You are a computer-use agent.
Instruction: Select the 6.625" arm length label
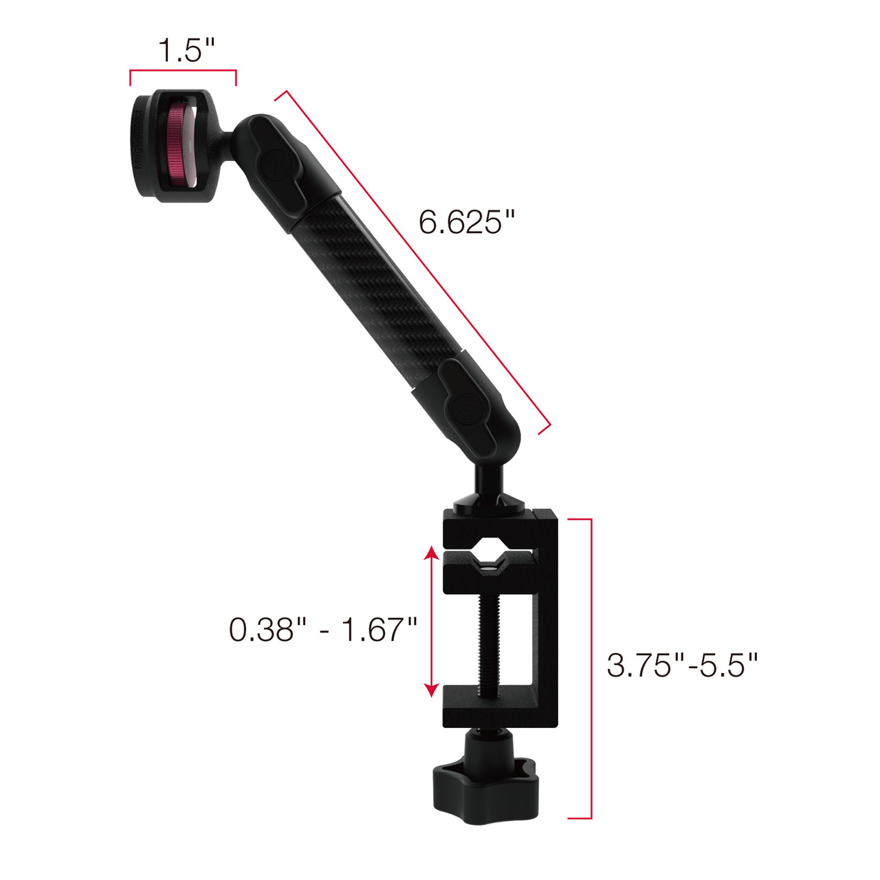[x=467, y=221]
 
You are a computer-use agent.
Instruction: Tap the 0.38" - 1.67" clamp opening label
[x=323, y=629]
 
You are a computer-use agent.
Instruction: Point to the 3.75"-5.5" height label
[x=682, y=665]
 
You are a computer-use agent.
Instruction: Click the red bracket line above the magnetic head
[x=183, y=71]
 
